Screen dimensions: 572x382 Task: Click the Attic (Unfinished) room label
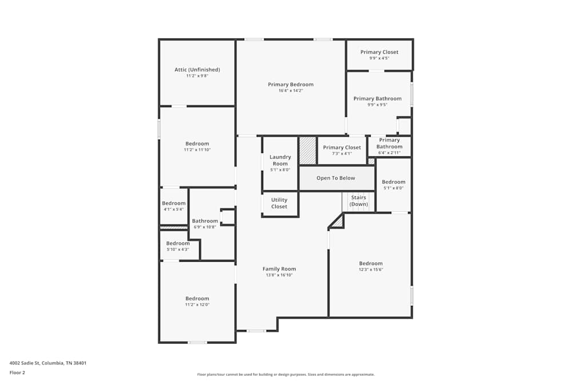pos(197,69)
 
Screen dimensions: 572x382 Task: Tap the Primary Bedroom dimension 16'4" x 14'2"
pos(291,90)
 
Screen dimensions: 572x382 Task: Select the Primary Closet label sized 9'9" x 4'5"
pos(379,52)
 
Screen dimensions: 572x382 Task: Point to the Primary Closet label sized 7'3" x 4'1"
pos(342,147)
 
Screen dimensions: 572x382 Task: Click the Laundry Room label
pos(280,160)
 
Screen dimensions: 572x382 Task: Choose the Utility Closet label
pos(279,203)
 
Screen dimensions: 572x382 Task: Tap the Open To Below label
pos(336,178)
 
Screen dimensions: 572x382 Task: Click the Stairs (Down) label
pos(359,200)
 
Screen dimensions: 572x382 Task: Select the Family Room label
pos(279,269)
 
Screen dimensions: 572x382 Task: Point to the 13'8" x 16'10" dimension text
pos(279,275)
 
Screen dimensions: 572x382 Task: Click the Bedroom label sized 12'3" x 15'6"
pos(371,263)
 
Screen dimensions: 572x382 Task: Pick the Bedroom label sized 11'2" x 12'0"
pos(197,298)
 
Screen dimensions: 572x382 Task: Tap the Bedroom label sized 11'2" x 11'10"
pos(197,144)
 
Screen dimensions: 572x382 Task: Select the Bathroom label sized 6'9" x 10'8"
pos(205,221)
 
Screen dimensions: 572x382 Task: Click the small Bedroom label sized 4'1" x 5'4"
pos(174,203)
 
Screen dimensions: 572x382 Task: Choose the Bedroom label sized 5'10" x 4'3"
pos(178,243)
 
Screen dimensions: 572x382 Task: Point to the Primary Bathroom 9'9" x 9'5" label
pos(377,99)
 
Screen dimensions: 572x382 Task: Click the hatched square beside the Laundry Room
pos(308,151)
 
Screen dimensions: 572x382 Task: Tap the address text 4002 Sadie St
pos(25,363)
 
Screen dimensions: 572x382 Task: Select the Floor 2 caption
pos(17,372)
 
